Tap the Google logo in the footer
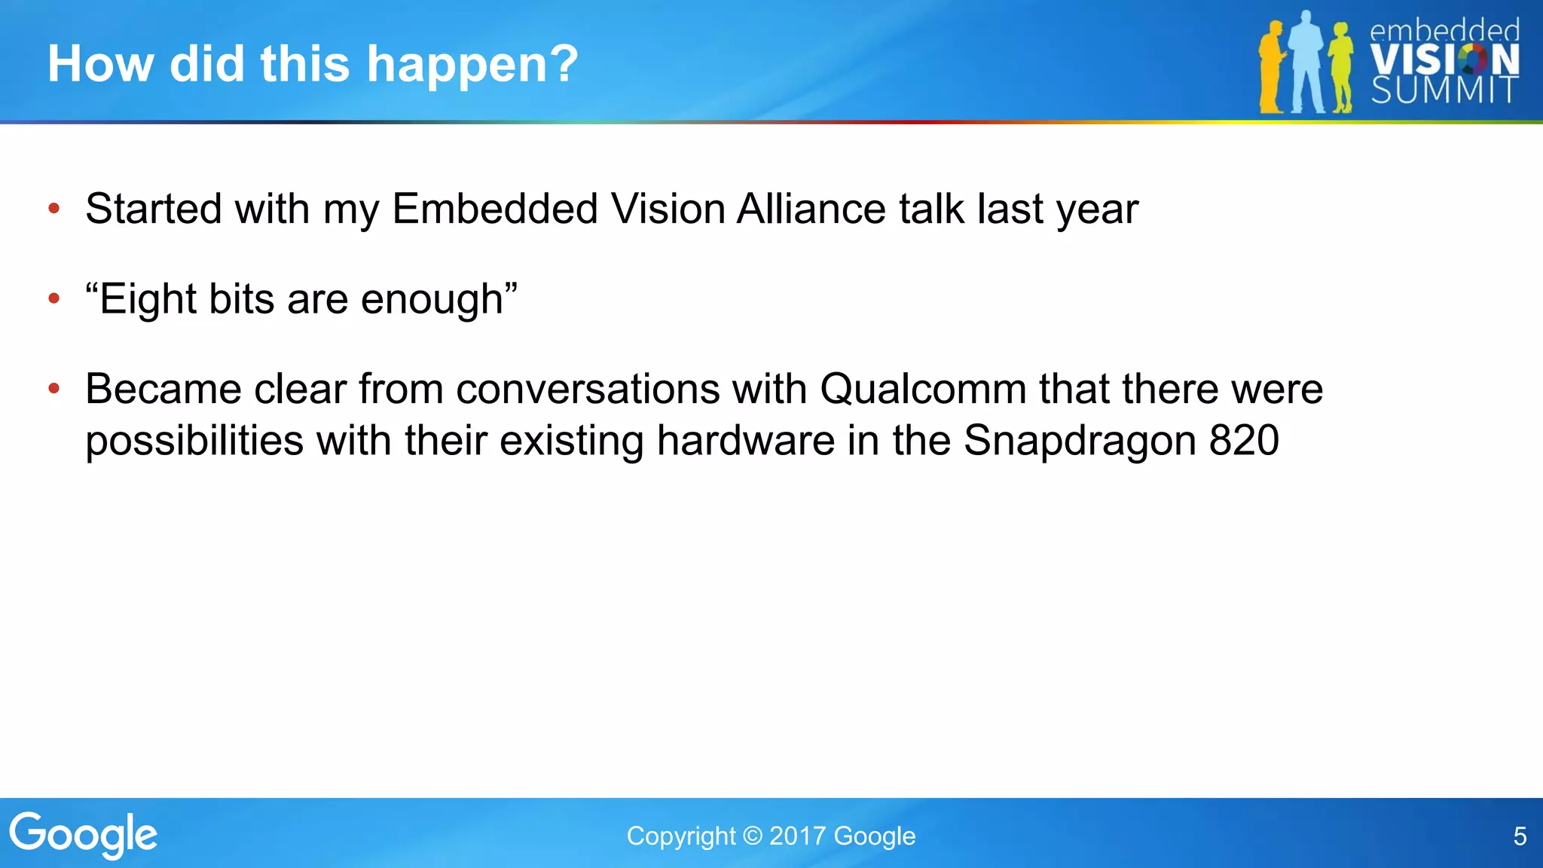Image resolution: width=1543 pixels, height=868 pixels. pyautogui.click(x=83, y=835)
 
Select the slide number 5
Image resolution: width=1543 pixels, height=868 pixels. pyautogui.click(x=1520, y=836)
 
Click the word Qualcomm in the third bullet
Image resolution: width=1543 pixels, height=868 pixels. pyautogui.click(x=922, y=390)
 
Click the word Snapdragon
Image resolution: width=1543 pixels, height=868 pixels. pyautogui.click(x=1080, y=442)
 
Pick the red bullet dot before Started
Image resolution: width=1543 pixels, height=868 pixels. pyautogui.click(x=53, y=209)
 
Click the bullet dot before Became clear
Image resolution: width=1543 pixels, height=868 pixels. pyautogui.click(x=53, y=390)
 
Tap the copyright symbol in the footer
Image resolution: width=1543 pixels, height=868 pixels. pyautogui.click(x=752, y=836)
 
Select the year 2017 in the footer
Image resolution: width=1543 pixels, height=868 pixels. pyautogui.click(x=798, y=836)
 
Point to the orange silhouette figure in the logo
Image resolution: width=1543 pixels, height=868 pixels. pyautogui.click(x=1272, y=68)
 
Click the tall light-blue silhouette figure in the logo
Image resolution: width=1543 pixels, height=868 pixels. pyautogui.click(x=1307, y=64)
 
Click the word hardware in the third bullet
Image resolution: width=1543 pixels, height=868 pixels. pyautogui.click(x=745, y=440)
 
